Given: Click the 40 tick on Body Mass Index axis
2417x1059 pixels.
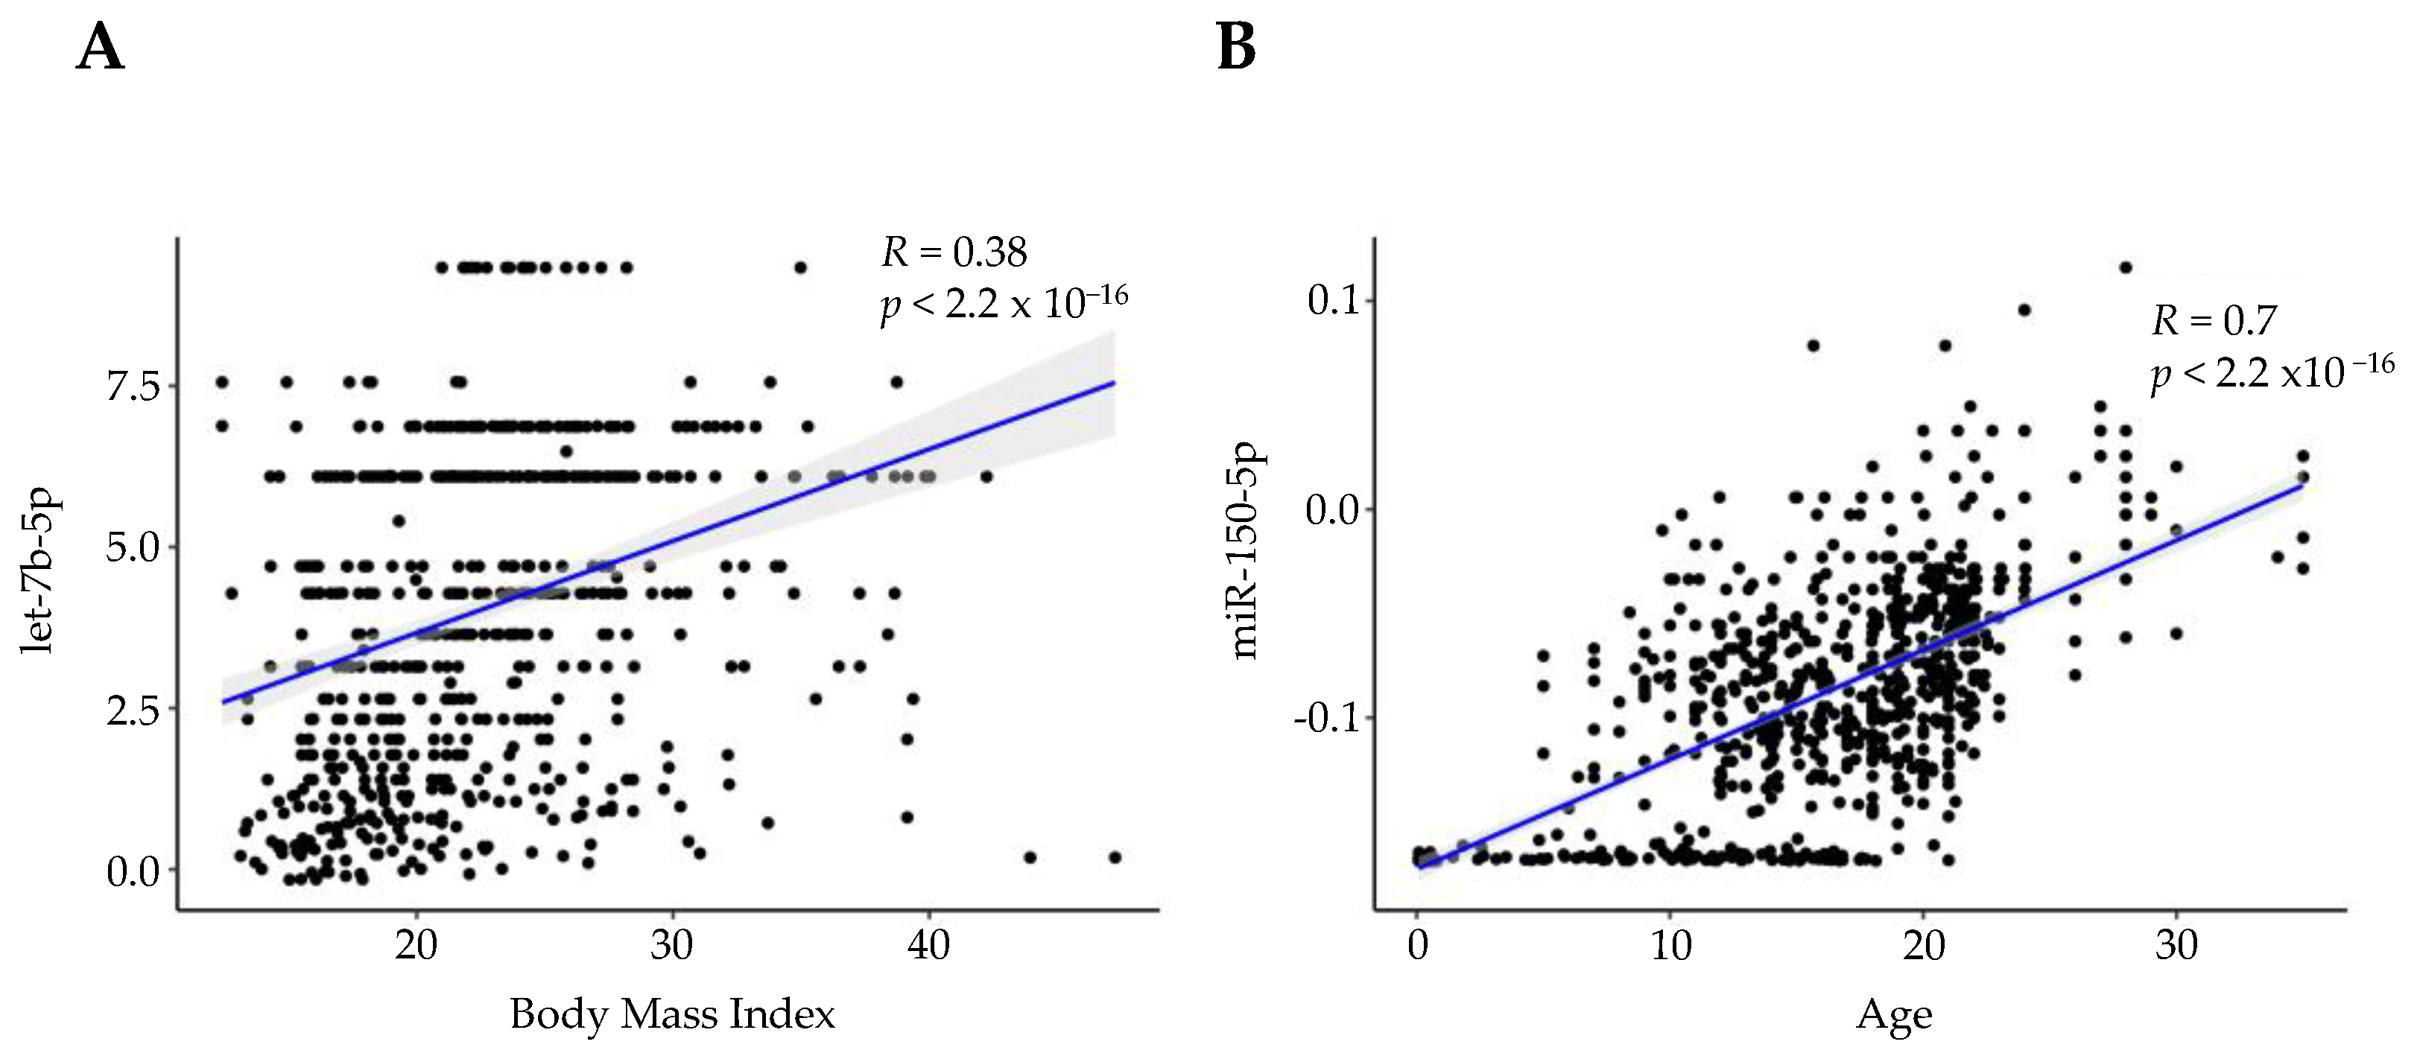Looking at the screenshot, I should pos(929,944).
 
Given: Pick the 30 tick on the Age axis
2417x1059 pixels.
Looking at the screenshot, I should pos(2176,944).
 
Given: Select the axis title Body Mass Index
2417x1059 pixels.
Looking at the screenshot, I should pos(672,1014).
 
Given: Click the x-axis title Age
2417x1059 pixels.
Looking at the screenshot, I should pos(1893,1016).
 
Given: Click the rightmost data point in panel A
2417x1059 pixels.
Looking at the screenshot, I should pos(1115,856).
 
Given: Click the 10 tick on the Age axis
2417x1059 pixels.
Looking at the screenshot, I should pos(1670,944).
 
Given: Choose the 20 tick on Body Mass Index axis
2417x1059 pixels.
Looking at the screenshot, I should pos(416,944).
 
